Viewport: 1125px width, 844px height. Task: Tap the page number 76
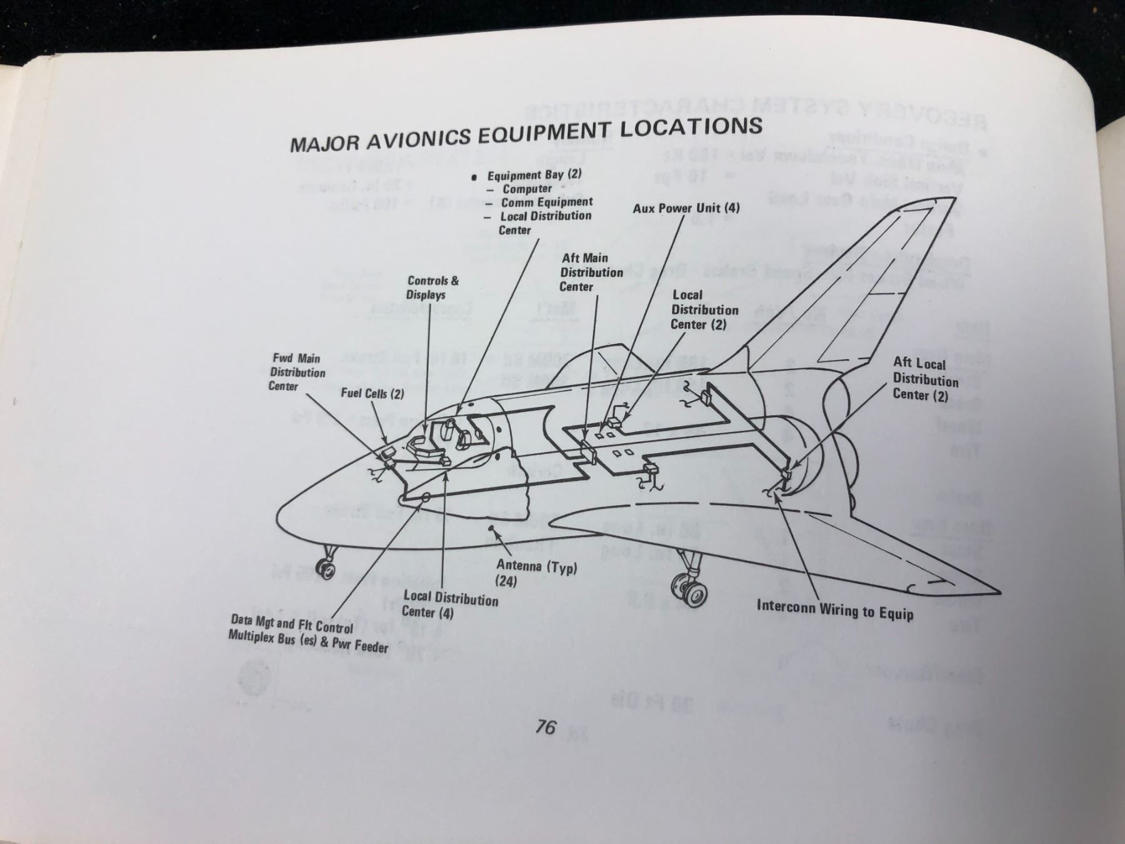click(546, 726)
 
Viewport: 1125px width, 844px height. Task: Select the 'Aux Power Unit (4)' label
click(686, 208)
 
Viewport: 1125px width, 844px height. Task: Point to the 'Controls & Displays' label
click(432, 288)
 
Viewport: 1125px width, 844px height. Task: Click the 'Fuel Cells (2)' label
click(372, 393)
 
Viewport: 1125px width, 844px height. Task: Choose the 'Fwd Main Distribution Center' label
click(297, 372)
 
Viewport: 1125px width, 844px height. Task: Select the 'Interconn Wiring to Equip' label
click(835, 609)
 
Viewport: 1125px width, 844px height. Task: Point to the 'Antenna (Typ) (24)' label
click(536, 573)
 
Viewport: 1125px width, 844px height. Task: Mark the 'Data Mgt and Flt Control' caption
click(292, 624)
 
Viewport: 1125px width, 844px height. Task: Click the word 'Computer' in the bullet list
click(527, 189)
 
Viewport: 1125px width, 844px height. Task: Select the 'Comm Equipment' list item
click(546, 202)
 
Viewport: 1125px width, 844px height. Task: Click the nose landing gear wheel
click(326, 570)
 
